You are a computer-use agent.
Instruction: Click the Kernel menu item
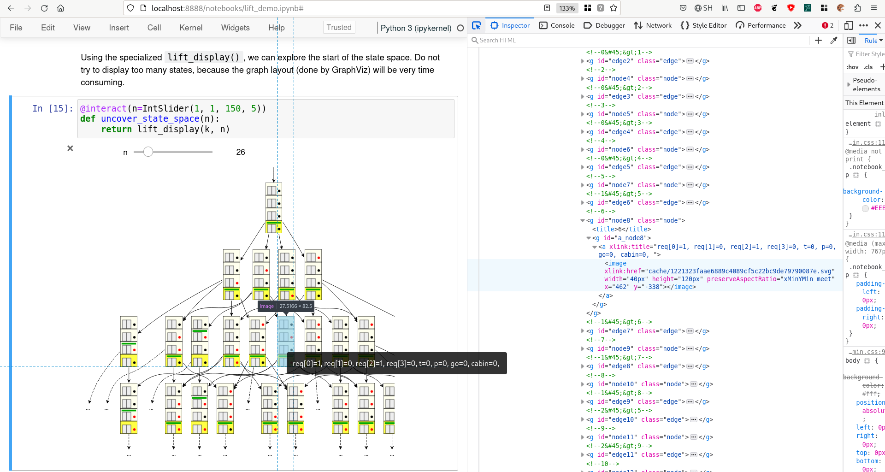(x=191, y=28)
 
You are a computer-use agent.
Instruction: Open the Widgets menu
(x=235, y=28)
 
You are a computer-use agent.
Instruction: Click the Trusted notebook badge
(x=339, y=27)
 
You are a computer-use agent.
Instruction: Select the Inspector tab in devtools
(x=510, y=25)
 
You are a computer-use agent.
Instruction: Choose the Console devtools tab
(x=557, y=25)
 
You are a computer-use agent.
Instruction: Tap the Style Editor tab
(x=704, y=25)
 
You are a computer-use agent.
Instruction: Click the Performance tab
(x=761, y=25)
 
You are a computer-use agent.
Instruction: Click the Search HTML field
(x=641, y=40)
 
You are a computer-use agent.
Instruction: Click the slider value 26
(x=240, y=152)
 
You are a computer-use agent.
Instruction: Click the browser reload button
(x=44, y=8)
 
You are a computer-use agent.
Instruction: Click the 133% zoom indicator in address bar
(x=566, y=8)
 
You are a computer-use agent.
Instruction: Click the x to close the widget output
(x=70, y=148)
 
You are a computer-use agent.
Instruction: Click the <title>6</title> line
(x=621, y=229)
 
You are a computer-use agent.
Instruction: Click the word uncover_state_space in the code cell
(x=150, y=119)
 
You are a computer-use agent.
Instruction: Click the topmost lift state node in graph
(x=273, y=208)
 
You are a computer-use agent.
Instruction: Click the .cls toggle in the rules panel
(x=868, y=67)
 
